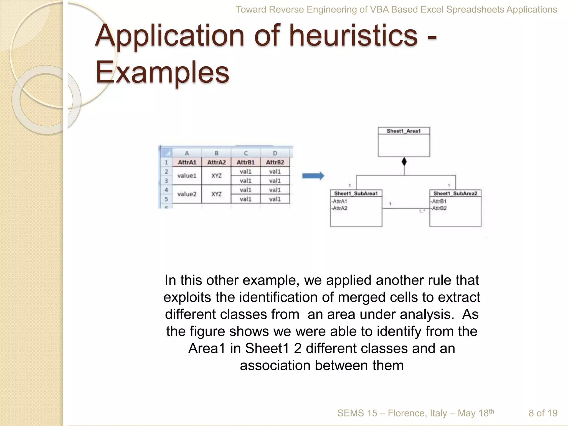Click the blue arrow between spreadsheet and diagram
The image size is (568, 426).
[313, 176]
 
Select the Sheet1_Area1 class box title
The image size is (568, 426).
[404, 131]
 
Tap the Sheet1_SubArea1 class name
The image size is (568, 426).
[356, 193]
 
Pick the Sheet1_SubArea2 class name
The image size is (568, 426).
[455, 193]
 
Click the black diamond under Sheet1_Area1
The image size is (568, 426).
[404, 162]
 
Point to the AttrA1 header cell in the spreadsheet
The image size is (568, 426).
[187, 162]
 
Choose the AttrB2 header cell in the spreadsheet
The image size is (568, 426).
[275, 162]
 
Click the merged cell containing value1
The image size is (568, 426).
[187, 176]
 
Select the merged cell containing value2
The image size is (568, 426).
[187, 194]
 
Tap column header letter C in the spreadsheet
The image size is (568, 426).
[246, 153]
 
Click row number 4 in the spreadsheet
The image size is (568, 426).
[166, 190]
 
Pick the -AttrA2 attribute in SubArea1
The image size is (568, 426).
[339, 208]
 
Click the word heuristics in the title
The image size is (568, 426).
[353, 36]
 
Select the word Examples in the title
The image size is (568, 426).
[163, 72]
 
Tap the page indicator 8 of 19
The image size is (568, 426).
[543, 413]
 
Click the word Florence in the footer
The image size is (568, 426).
[407, 413]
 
